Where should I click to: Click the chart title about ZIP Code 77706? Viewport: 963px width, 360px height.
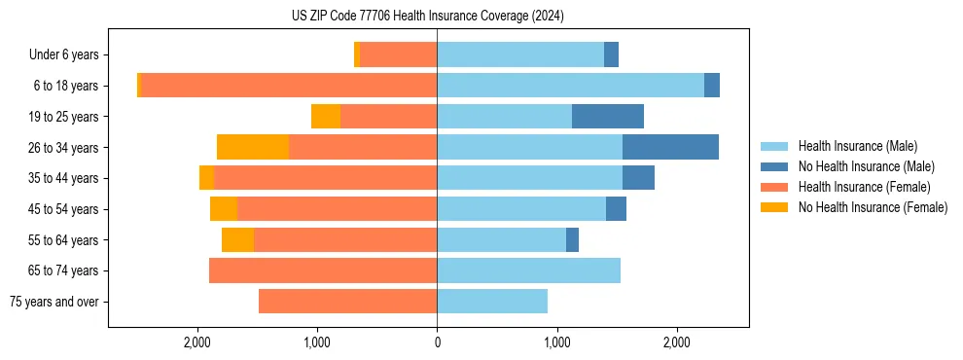(427, 17)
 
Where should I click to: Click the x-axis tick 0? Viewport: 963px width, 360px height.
(437, 342)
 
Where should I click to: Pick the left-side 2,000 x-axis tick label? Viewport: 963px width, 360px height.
(197, 342)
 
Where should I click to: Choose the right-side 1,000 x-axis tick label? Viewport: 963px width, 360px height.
(557, 342)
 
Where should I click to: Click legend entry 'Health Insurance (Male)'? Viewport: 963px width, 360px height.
(857, 146)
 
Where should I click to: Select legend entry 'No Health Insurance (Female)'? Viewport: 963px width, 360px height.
(873, 207)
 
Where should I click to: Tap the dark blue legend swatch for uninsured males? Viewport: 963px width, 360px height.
(774, 166)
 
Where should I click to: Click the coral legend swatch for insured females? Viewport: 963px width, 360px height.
(774, 187)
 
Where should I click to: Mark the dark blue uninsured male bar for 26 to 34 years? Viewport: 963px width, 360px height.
(670, 147)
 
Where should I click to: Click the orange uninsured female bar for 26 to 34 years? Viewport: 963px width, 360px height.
(253, 147)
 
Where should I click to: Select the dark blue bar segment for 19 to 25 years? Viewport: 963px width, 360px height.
(608, 117)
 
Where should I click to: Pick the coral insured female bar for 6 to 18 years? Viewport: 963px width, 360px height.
(289, 86)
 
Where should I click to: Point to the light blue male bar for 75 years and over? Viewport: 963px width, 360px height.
(492, 302)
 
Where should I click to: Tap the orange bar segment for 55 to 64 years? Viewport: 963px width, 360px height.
(237, 239)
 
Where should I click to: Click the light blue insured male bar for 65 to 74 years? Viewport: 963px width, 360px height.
(528, 270)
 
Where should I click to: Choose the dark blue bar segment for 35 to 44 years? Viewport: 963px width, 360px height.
(638, 178)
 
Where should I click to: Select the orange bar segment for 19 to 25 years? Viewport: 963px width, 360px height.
(326, 117)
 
